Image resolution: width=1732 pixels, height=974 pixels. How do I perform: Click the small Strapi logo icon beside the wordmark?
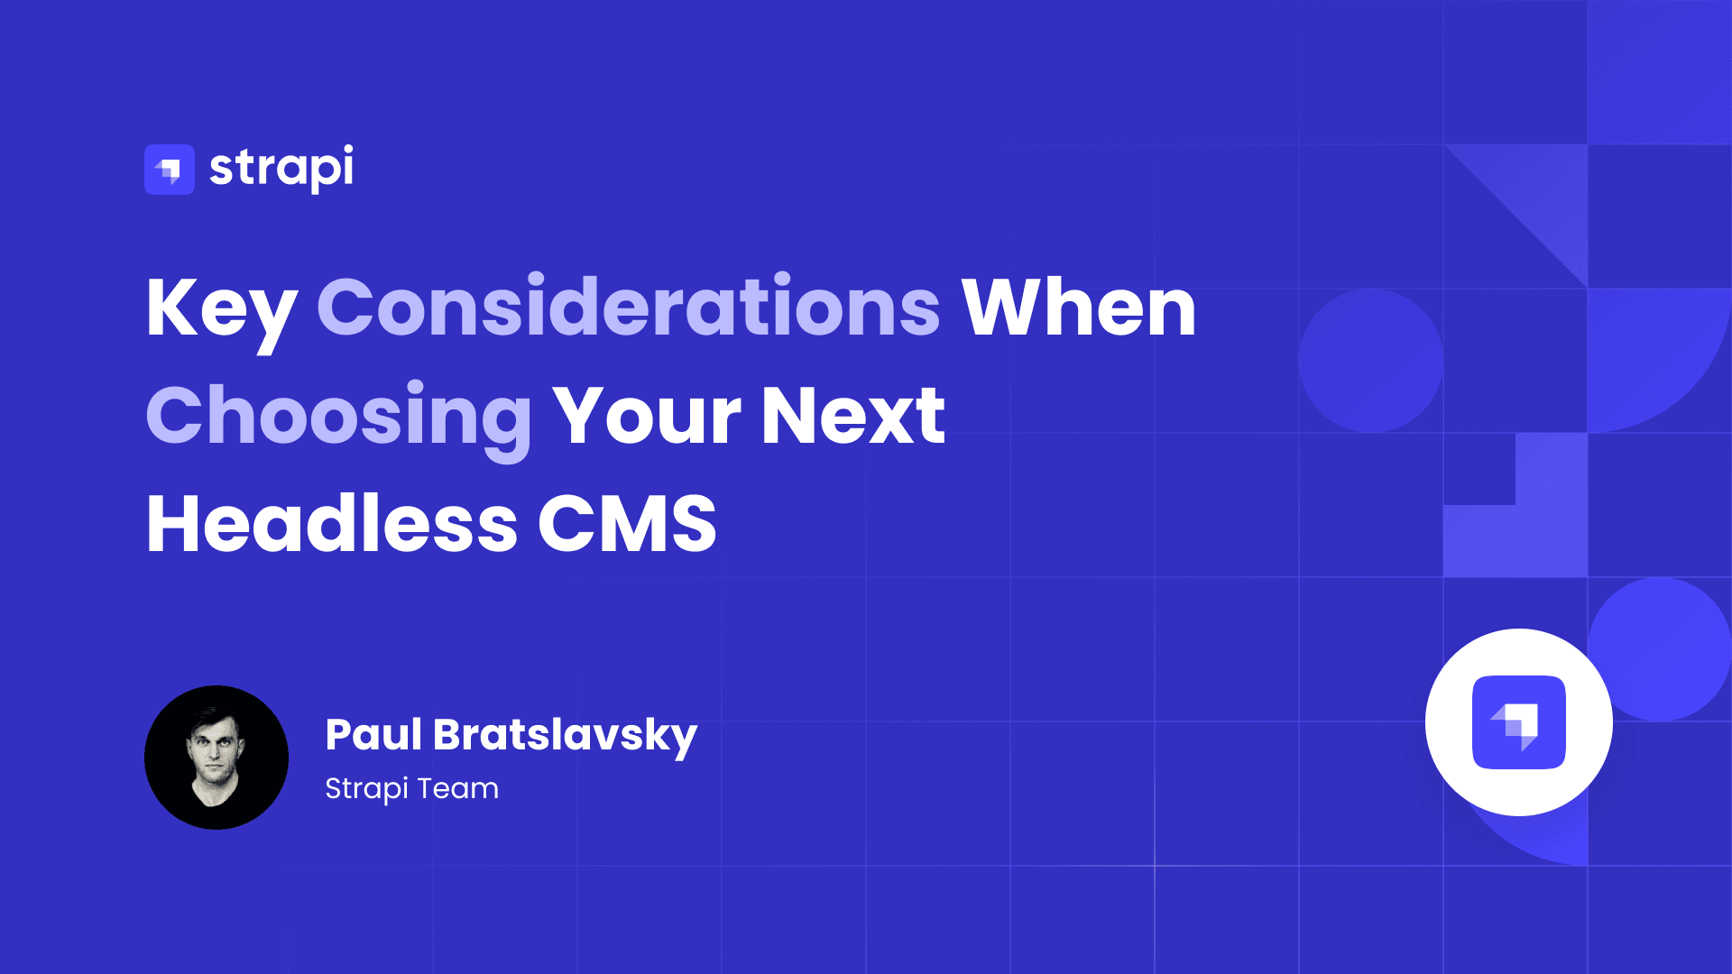[170, 170]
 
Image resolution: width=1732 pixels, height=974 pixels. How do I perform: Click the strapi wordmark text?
[281, 168]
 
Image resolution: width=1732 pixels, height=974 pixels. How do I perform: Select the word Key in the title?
[221, 309]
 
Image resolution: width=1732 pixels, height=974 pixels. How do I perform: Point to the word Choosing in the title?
[339, 418]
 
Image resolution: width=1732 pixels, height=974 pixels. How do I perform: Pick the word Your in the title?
[647, 416]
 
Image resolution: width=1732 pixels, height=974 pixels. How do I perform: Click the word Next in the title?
[852, 416]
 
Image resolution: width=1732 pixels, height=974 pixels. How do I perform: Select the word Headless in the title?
[332, 524]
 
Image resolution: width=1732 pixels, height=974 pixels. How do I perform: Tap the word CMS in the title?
[627, 524]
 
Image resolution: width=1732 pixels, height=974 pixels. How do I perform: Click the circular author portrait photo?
[216, 758]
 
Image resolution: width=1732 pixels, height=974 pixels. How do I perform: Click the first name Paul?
[373, 734]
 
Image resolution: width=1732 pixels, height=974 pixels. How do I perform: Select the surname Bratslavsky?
[566, 736]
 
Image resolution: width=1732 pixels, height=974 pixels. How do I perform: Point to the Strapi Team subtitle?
[411, 789]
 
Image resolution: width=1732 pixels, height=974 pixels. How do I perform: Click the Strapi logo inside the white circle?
[1519, 722]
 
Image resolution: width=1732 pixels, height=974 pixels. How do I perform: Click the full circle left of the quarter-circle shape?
[1370, 361]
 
